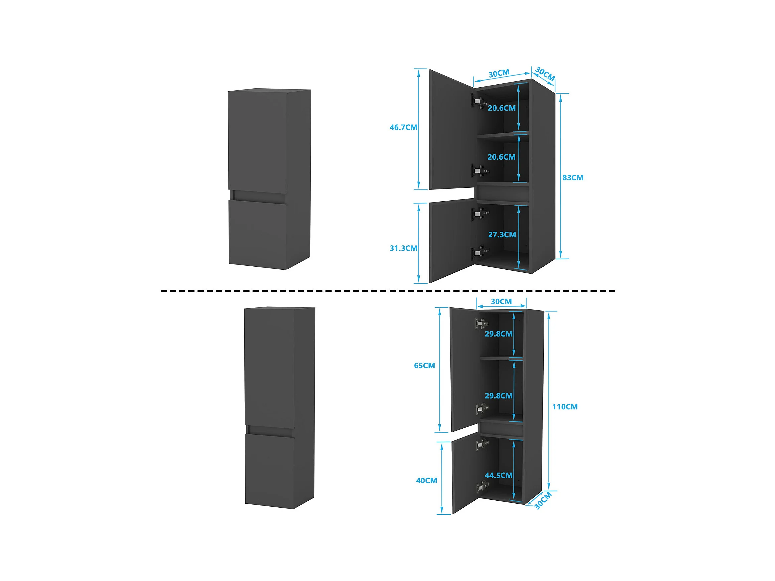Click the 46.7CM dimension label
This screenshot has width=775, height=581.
coord(403,127)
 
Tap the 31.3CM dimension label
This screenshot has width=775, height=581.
coord(403,248)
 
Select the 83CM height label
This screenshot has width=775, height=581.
coord(573,178)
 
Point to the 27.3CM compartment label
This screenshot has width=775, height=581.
coord(502,235)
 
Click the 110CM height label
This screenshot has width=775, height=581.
coord(565,407)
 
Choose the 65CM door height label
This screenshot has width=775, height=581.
coord(424,366)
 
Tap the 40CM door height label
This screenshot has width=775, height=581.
coord(426,481)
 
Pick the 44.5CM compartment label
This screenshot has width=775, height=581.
coord(498,475)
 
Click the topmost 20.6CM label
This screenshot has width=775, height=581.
coord(502,108)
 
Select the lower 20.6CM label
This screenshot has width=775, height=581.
coord(501,157)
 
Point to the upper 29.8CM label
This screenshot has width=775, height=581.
coord(498,334)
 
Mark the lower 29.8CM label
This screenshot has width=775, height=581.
coord(498,396)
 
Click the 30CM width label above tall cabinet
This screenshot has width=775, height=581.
coord(501,301)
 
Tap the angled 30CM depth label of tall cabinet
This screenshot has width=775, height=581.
coord(543,500)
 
